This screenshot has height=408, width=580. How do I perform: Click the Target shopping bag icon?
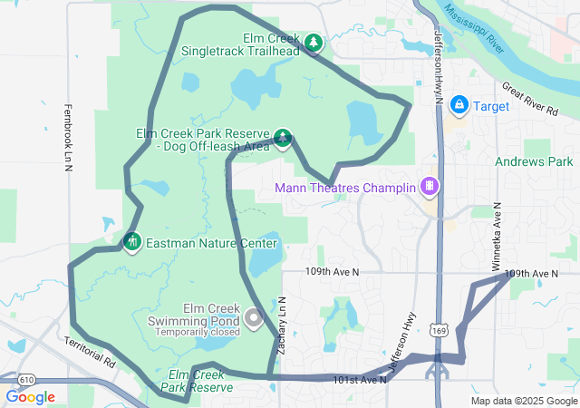pos(459,106)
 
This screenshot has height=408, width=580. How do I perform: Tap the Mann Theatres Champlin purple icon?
pos(429,189)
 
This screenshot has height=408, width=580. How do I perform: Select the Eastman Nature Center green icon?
pos(132,242)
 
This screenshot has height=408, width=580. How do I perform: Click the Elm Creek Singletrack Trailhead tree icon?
pos(313,43)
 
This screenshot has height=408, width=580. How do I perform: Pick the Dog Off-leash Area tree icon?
pos(283,138)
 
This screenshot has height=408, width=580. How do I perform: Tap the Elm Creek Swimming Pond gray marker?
pos(253,317)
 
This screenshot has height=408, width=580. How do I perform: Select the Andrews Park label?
pos(535,161)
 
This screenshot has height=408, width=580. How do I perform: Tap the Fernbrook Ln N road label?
pos(68,136)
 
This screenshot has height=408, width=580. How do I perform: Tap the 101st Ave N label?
pos(360,379)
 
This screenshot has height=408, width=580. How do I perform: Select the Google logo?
pos(30,397)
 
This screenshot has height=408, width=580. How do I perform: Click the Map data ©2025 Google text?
pos(523,401)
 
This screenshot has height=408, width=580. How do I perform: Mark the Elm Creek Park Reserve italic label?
pos(198,381)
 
